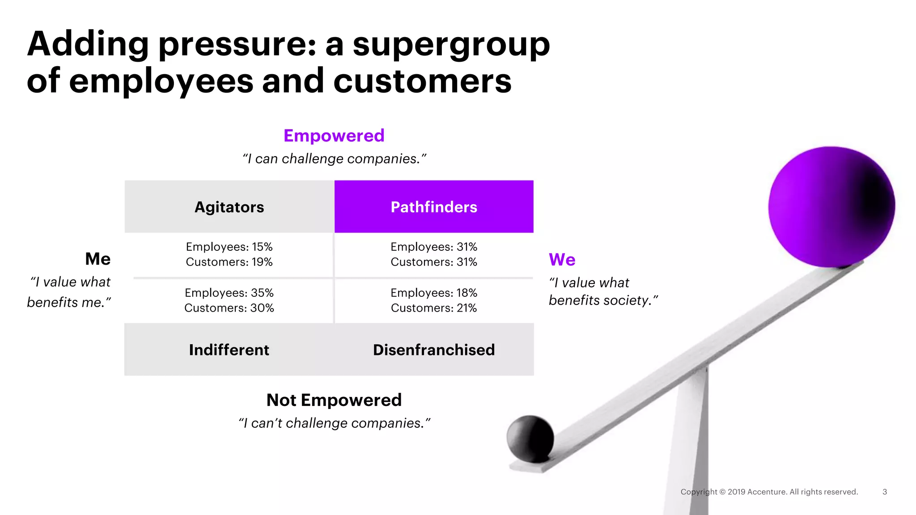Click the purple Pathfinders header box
tap(433, 207)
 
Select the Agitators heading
tap(229, 207)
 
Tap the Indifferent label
tap(229, 350)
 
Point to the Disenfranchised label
tap(433, 350)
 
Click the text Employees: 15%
tap(229, 247)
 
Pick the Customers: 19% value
tap(229, 262)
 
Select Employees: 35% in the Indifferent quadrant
tap(229, 293)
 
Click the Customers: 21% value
tap(433, 308)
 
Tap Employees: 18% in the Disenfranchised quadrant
tap(433, 293)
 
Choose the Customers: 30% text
tap(229, 308)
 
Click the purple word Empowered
tap(334, 135)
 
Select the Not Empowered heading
tap(334, 400)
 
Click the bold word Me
tap(98, 259)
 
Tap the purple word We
tap(562, 260)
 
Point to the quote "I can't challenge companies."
tap(334, 423)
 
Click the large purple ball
tap(831, 207)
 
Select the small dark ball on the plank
tap(530, 439)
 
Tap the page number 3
tap(884, 492)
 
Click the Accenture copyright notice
tap(769, 492)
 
